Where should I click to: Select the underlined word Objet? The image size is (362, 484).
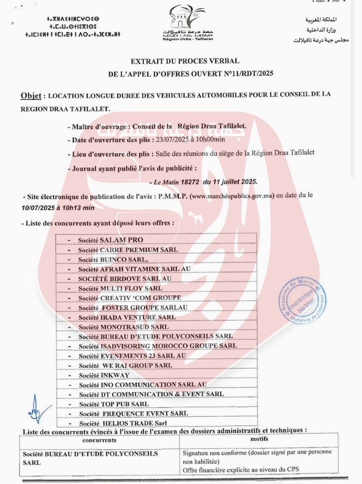tap(32, 95)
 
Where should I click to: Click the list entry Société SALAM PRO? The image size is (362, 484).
tap(111, 240)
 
